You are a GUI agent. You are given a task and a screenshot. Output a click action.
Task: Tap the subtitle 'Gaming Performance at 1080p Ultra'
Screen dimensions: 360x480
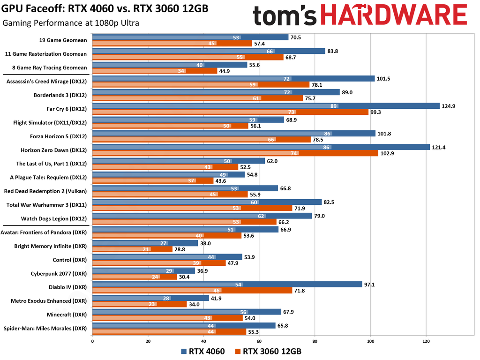(x=70, y=23)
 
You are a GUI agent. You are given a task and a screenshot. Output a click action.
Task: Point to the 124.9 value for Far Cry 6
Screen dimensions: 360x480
(x=449, y=106)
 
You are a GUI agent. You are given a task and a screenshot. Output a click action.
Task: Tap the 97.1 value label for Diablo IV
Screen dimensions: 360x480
(x=371, y=284)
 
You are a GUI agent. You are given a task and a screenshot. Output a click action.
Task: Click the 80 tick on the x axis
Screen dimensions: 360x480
(x=315, y=342)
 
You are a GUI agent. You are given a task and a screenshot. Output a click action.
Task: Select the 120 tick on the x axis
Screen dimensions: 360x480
(x=426, y=342)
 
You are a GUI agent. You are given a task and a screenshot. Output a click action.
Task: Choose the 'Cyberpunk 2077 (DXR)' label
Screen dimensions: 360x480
(x=61, y=273)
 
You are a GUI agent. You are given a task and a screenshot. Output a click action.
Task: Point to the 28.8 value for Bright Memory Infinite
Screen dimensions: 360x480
(x=181, y=250)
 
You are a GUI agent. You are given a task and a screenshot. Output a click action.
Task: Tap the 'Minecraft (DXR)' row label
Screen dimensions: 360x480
(x=67, y=314)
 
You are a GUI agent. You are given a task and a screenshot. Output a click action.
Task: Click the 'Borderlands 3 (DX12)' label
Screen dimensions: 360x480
(x=60, y=95)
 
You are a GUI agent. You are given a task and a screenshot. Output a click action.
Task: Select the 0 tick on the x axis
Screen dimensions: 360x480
(x=92, y=342)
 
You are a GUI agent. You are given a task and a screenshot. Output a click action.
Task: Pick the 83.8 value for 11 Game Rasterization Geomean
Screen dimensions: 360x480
(x=334, y=51)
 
